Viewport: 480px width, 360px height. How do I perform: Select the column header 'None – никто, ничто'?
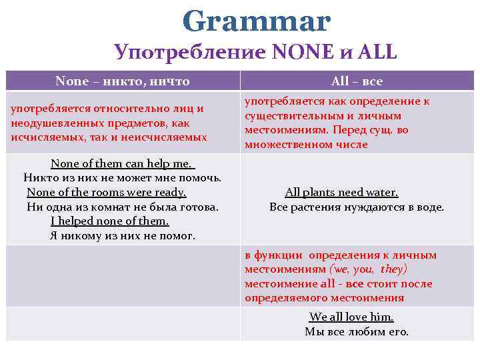tap(123, 81)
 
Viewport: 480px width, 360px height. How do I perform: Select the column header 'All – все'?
tap(357, 81)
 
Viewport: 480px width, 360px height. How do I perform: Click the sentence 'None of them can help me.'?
tap(122, 163)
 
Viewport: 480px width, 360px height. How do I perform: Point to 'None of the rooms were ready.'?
tap(107, 192)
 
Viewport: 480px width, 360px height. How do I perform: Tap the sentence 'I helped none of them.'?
tap(110, 221)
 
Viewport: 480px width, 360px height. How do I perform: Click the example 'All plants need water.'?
tap(341, 192)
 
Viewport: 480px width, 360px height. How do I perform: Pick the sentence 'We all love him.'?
tap(351, 317)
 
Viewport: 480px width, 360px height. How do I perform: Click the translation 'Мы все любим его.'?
tap(356, 331)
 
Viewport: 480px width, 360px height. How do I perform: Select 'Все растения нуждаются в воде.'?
tap(356, 207)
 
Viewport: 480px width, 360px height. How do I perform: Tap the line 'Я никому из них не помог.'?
tap(123, 236)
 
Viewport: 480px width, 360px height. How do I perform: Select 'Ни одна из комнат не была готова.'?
tap(123, 207)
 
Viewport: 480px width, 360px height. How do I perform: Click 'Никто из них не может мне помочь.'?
tap(123, 178)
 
